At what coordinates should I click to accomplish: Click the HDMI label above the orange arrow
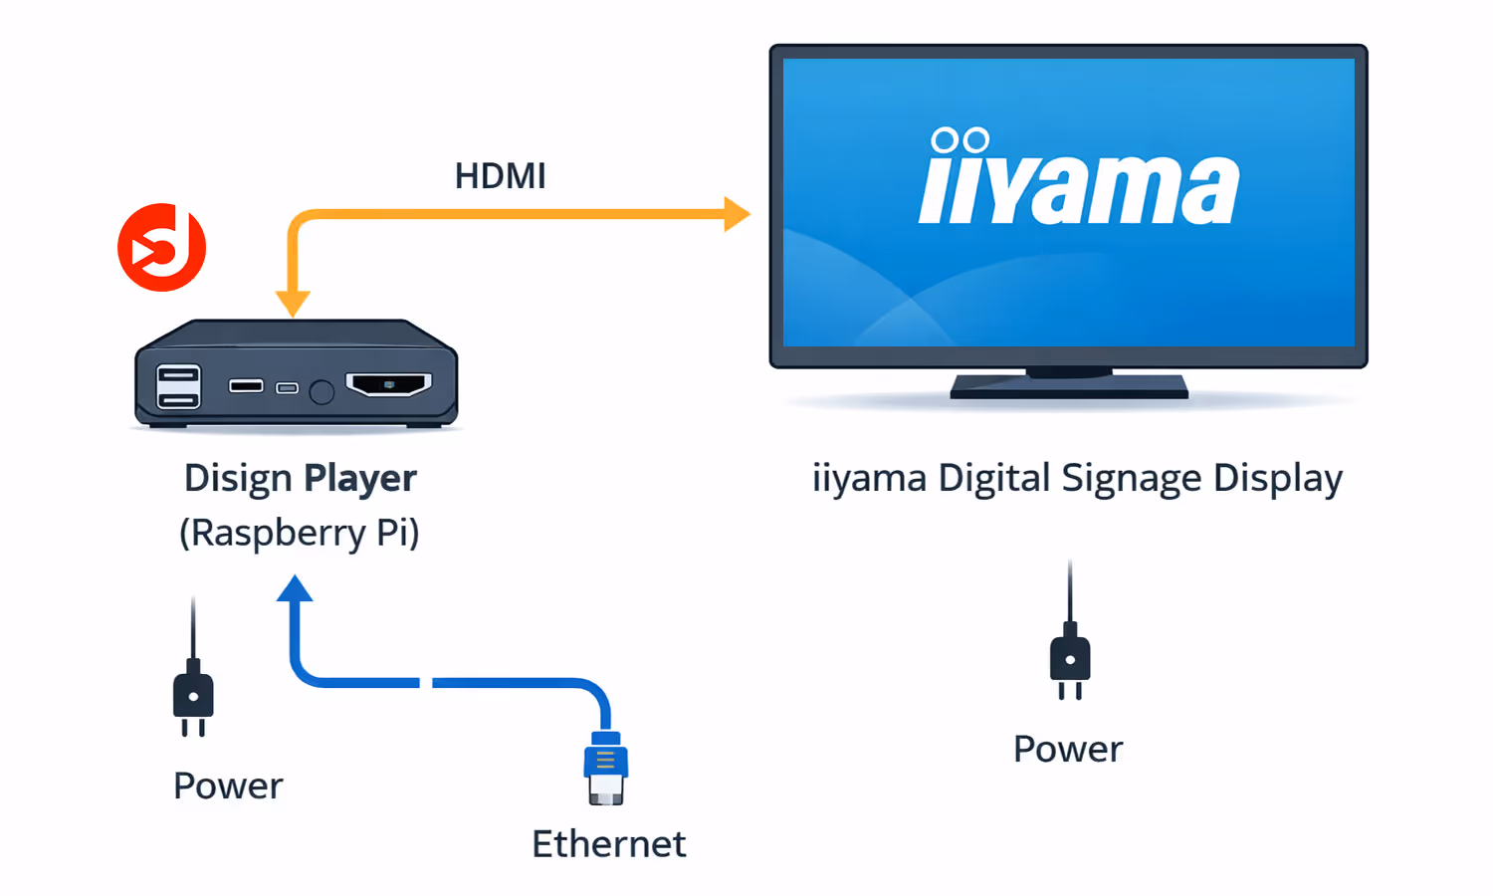tap(500, 176)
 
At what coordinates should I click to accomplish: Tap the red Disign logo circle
tap(161, 248)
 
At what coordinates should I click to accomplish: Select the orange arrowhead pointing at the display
tap(736, 214)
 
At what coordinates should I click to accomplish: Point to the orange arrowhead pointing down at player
tap(293, 303)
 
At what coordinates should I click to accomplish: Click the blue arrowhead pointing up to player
tap(295, 589)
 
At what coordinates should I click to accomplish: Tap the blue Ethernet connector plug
tap(605, 768)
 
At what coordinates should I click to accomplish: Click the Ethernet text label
tap(608, 844)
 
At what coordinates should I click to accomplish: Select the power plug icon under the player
tap(193, 694)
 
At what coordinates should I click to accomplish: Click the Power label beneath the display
tap(1067, 750)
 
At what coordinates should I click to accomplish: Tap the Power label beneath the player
tap(228, 786)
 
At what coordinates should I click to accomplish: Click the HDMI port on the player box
tap(388, 384)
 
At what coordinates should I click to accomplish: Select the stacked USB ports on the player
tap(178, 387)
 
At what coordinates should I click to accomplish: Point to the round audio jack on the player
tap(321, 392)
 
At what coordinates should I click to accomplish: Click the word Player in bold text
tap(360, 479)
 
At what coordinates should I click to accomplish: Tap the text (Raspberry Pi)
tap(299, 533)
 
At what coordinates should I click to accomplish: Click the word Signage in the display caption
tap(1132, 479)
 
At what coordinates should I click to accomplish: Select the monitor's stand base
tap(1069, 387)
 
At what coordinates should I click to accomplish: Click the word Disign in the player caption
tap(238, 479)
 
